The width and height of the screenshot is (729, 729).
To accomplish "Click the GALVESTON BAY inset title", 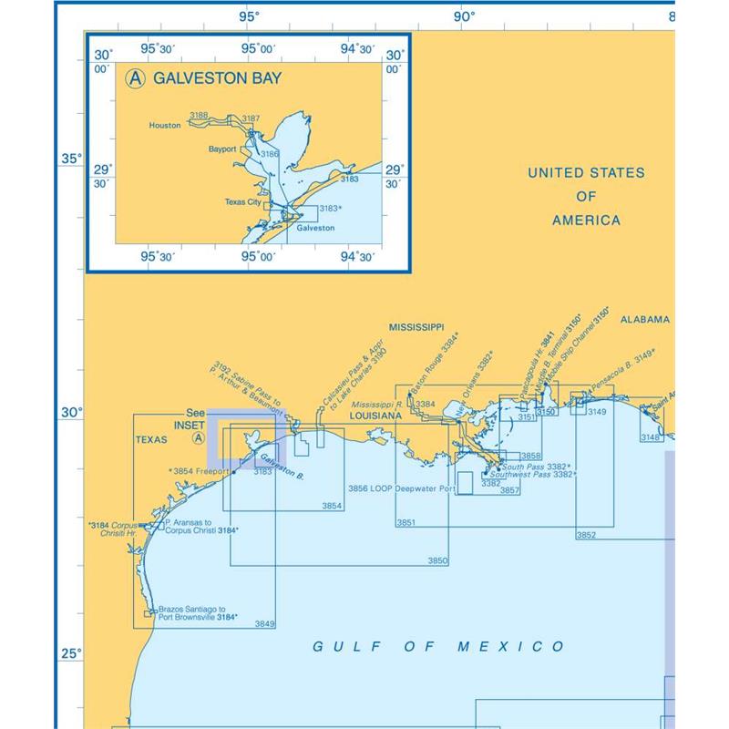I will (217, 78).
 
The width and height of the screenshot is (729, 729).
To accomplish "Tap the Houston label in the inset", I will (165, 126).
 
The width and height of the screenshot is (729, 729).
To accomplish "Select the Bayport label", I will (221, 148).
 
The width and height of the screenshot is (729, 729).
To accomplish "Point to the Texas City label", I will (242, 202).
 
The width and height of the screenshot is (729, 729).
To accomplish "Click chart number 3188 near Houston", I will (198, 116).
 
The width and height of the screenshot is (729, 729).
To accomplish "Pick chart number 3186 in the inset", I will (269, 154).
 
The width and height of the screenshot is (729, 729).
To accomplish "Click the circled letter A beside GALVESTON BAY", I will (136, 78).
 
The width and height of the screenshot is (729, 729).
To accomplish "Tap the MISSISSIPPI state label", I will (416, 326).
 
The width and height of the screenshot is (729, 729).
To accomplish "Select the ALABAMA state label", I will (645, 320).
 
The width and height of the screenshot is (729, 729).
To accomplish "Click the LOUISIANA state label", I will (375, 416).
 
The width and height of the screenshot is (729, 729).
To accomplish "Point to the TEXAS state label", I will (152, 438).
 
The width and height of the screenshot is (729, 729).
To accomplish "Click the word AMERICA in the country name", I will (586, 221).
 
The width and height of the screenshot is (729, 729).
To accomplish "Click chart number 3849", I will (264, 623).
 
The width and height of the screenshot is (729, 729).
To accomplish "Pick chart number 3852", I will (586, 535).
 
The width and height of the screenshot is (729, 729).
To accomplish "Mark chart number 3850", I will (437, 560).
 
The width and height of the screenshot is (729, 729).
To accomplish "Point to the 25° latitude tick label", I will (71, 653).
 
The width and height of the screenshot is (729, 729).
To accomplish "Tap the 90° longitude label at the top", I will (464, 15).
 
